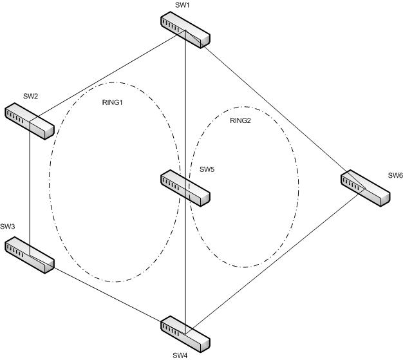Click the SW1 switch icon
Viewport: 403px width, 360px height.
point(185,31)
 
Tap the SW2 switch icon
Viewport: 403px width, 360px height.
point(30,120)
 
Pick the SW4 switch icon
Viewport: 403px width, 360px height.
point(185,333)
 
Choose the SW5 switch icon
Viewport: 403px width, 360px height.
point(185,187)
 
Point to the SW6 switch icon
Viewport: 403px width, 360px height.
point(365,187)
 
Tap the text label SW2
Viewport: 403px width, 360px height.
point(31,96)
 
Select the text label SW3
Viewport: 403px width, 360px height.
point(8,227)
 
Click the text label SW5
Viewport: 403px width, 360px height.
point(207,170)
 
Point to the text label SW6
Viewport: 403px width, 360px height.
point(395,175)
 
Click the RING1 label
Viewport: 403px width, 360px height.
point(113,102)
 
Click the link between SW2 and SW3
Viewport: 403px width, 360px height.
point(30,187)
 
